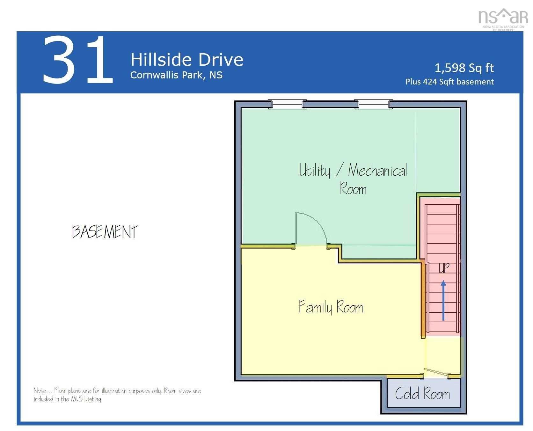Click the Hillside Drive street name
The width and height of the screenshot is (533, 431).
pyautogui.click(x=187, y=60)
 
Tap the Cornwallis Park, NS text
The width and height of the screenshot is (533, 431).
pyautogui.click(x=176, y=75)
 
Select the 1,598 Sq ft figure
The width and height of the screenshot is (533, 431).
pyautogui.click(x=464, y=68)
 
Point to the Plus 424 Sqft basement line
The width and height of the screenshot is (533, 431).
pyautogui.click(x=449, y=82)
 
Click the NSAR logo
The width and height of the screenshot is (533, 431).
pyautogui.click(x=503, y=18)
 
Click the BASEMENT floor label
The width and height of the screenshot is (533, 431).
pyautogui.click(x=105, y=232)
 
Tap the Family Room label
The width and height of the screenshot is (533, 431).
pyautogui.click(x=331, y=307)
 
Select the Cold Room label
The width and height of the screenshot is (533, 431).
pyautogui.click(x=422, y=394)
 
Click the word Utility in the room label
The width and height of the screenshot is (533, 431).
pyautogui.click(x=314, y=170)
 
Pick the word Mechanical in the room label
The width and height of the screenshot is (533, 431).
pyautogui.click(x=377, y=170)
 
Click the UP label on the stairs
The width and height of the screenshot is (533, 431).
pyautogui.click(x=444, y=268)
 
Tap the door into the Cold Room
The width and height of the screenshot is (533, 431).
pyautogui.click(x=436, y=373)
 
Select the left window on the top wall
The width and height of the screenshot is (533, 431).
pyautogui.click(x=287, y=104)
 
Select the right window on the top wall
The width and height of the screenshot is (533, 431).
pyautogui.click(x=373, y=104)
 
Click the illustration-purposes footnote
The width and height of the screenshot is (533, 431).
pyautogui.click(x=117, y=395)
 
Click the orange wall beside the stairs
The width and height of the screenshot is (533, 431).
pyautogui.click(x=423, y=300)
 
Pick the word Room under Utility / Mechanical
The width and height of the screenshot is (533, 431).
pyautogui.click(x=353, y=189)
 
